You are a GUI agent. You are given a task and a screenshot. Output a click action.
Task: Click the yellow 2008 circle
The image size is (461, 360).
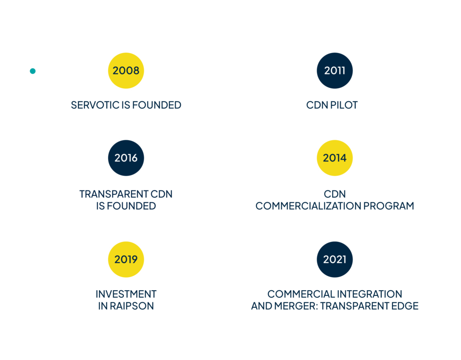tap(126, 71)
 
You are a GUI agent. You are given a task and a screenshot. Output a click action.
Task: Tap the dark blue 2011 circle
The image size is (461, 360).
tap(334, 71)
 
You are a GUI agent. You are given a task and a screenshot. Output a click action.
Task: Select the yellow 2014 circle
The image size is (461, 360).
tap(334, 158)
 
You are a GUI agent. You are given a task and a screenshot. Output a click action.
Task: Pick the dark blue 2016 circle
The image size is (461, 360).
tap(126, 158)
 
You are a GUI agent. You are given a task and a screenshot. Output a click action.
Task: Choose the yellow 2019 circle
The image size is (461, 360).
tap(126, 260)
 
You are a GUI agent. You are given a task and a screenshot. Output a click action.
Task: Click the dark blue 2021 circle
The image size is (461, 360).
tap(334, 260)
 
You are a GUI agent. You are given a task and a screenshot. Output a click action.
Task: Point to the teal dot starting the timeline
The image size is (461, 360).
tap(32, 71)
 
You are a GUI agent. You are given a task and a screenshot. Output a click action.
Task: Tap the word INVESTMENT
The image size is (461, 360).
tap(126, 294)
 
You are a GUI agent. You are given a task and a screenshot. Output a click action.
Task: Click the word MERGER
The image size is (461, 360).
tap(298, 306)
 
